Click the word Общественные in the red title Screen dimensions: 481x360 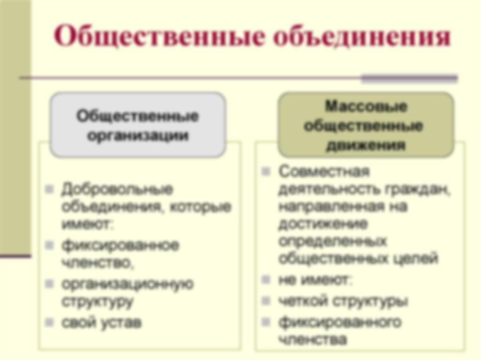pyautogui.click(x=160, y=37)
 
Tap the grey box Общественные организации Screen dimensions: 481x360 pyautogui.click(x=138, y=125)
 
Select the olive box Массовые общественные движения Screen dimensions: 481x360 pyautogui.click(x=365, y=125)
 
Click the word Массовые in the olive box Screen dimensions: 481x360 pyautogui.click(x=366, y=107)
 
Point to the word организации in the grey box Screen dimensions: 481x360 pyautogui.click(x=138, y=136)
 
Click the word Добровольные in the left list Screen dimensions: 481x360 pyautogui.click(x=117, y=190)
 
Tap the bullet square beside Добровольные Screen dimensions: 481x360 pyautogui.click(x=49, y=189)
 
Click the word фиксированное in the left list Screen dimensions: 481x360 pyautogui.click(x=120, y=245)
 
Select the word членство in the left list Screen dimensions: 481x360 pyautogui.click(x=98, y=263)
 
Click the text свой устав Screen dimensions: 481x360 pyautogui.click(x=101, y=322)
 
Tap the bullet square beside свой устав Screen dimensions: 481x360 pyautogui.click(x=49, y=322)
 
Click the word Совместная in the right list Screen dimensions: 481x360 pyautogui.click(x=324, y=171)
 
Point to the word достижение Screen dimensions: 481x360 pyautogui.click(x=323, y=224)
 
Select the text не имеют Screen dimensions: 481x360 pyautogui.click(x=315, y=280)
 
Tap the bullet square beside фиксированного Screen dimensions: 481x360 pyautogui.click(x=266, y=322)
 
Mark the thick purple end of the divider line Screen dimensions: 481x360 pyautogui.click(x=409, y=78)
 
